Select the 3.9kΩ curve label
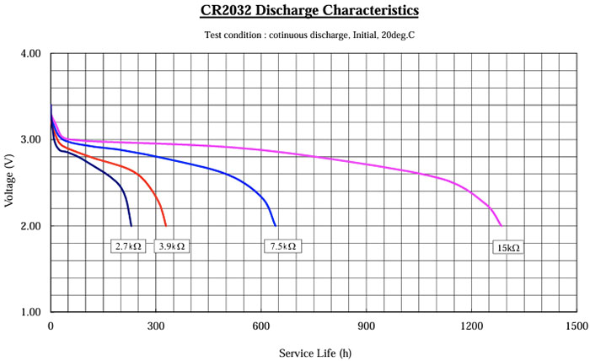[x=172, y=246]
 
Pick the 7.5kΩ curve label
[x=283, y=246]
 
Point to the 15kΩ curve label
[x=507, y=248]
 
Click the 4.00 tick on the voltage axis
[x=29, y=53]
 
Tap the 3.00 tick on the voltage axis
[x=29, y=140]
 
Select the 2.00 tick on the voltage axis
[x=29, y=226]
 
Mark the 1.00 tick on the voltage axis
[x=29, y=313]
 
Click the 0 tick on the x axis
[x=51, y=326]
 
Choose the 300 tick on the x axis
[x=156, y=326]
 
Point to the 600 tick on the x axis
[x=261, y=326]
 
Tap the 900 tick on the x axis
[x=367, y=326]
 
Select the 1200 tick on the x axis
[x=472, y=326]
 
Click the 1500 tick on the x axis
[x=577, y=326]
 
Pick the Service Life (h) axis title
[x=314, y=352]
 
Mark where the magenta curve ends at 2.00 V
[x=501, y=226]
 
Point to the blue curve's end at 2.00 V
[x=276, y=226]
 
